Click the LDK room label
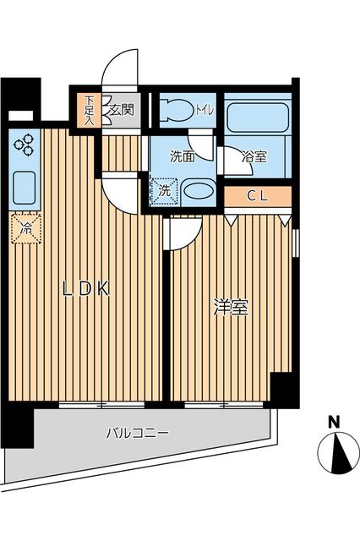pyautogui.click(x=85, y=289)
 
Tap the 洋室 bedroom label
pyautogui.click(x=230, y=309)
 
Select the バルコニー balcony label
pyautogui.click(x=137, y=433)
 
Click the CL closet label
pyautogui.click(x=258, y=196)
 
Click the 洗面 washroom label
pyautogui.click(x=182, y=156)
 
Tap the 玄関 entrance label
pyautogui.click(x=121, y=109)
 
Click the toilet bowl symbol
pyautogui.click(x=178, y=110)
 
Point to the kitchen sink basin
pyautogui.click(x=23, y=187)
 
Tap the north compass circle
pyautogui.click(x=338, y=453)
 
